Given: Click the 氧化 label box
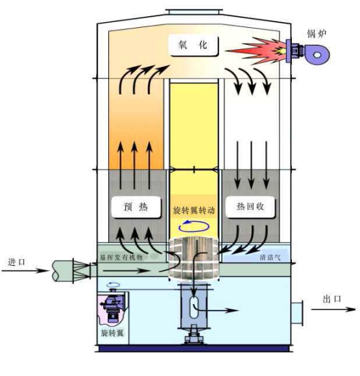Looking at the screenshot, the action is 193,45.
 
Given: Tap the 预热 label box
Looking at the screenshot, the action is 136,207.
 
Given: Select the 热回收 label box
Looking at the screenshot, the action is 250,207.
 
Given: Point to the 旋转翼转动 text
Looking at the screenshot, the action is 194,211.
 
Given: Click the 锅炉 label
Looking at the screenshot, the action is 317,34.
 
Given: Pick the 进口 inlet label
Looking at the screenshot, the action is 17,262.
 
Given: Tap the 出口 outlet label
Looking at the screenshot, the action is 332,299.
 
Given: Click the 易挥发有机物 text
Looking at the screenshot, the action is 121,258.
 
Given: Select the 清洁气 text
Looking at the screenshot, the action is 270,257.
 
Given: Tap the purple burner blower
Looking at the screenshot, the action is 308,53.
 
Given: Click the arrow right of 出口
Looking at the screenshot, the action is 333,309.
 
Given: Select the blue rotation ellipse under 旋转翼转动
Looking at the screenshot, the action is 194,226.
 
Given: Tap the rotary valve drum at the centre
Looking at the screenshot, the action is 194,259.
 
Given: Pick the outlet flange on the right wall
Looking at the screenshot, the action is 297,313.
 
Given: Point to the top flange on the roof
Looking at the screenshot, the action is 194,12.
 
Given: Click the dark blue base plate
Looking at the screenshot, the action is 194,348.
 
